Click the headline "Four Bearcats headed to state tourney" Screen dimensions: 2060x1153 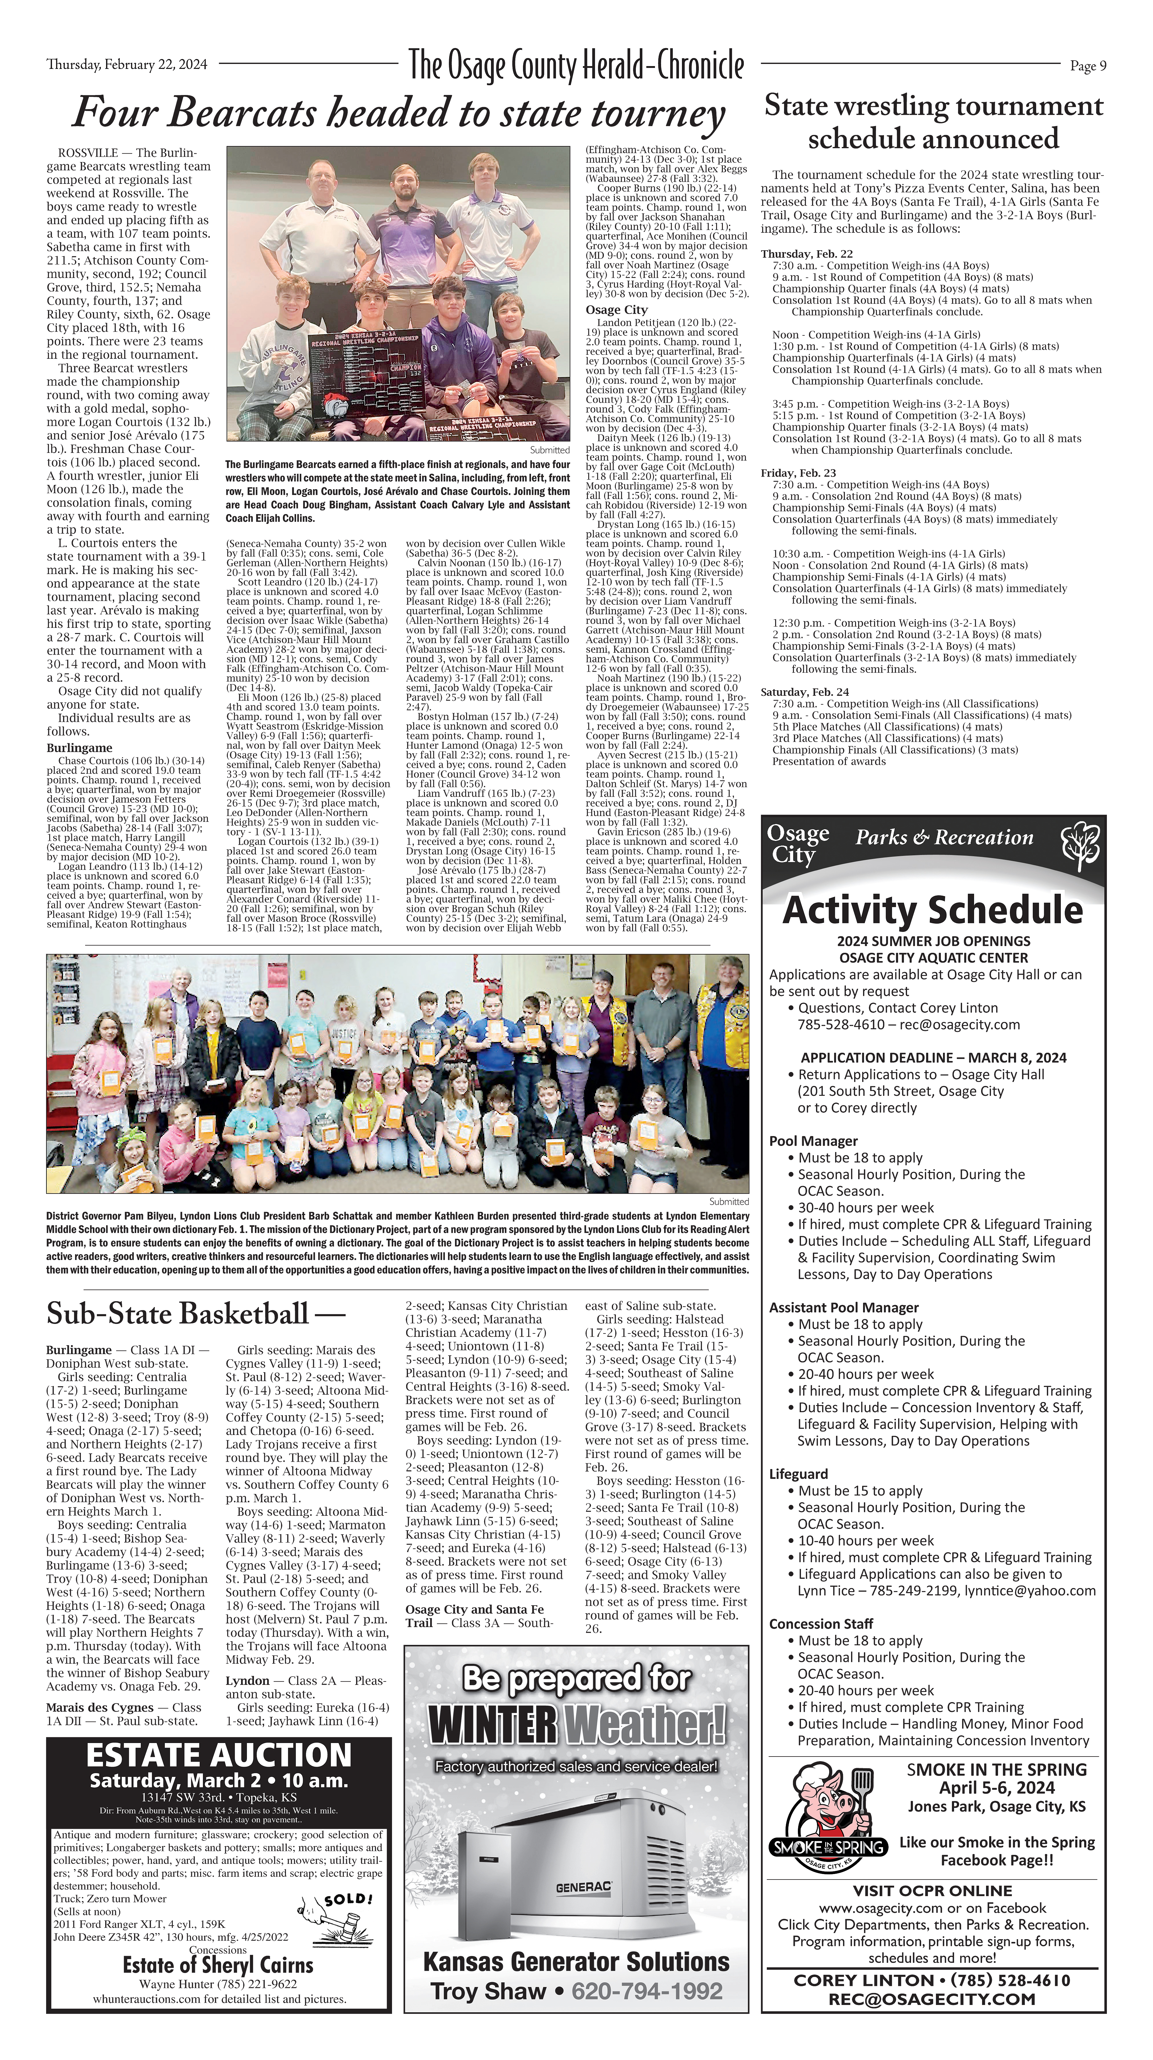(398, 113)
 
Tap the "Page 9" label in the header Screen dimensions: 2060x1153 (1088, 66)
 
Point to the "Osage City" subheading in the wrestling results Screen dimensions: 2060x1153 (616, 310)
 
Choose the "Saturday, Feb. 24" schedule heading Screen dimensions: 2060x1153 (804, 692)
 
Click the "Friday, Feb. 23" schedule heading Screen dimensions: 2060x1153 (798, 473)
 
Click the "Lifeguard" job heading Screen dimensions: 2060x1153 (798, 1474)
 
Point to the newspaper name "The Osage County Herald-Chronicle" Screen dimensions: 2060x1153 (576, 65)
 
